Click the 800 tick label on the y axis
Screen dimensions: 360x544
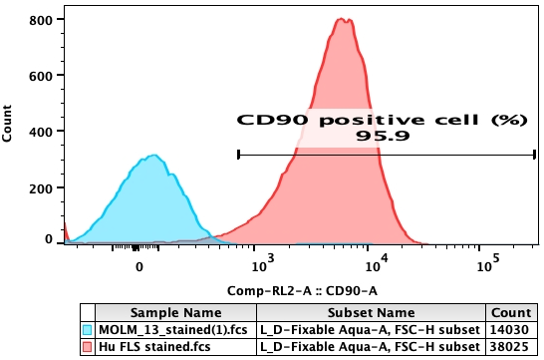click(42, 20)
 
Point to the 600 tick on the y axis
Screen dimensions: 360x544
click(42, 76)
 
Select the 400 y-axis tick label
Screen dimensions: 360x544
click(42, 131)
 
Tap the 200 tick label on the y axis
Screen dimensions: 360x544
click(42, 185)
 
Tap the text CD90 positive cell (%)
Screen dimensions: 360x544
click(381, 120)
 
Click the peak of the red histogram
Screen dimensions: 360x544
click(343, 19)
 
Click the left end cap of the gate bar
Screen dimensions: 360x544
click(239, 154)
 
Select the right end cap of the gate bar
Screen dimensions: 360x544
click(534, 154)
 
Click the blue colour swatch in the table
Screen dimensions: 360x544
click(88, 328)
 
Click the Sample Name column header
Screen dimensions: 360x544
click(175, 311)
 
